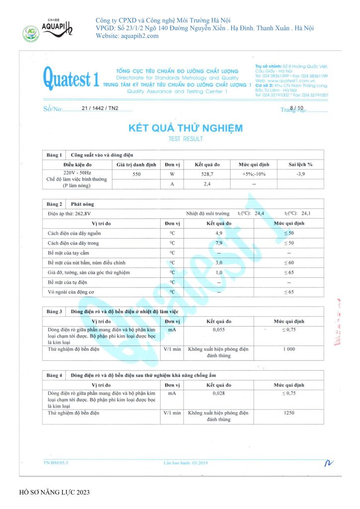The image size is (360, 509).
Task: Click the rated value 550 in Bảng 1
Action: (137, 174)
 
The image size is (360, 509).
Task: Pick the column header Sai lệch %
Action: (300, 164)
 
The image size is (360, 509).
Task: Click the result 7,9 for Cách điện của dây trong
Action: (219, 243)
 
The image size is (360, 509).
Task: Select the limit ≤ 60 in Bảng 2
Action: (288, 262)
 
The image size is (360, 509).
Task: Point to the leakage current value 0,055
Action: (219, 330)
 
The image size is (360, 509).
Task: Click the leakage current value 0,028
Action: (219, 393)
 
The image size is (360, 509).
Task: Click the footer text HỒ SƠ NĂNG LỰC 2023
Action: (55, 492)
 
